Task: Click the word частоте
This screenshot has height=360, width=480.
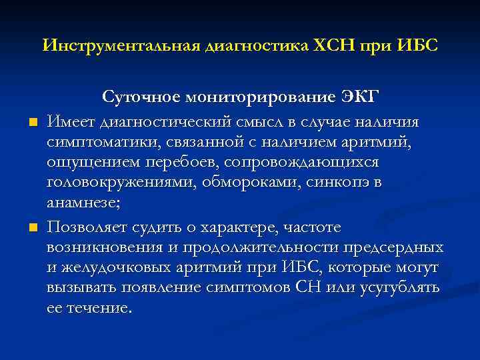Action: [x=309, y=228]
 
